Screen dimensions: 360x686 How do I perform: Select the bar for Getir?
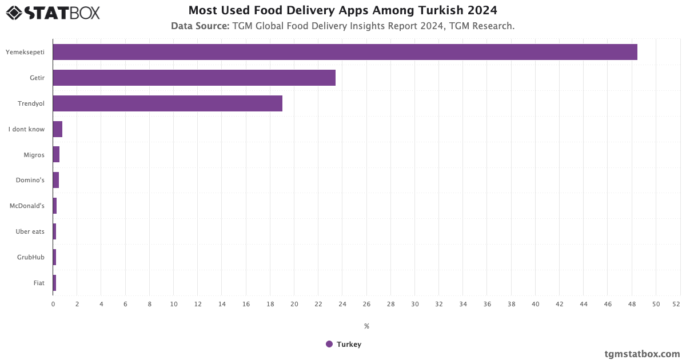(x=194, y=78)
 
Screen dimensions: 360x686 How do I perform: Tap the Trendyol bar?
(x=167, y=103)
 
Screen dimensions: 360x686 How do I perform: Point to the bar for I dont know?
(x=57, y=129)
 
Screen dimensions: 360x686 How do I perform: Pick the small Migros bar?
(x=56, y=155)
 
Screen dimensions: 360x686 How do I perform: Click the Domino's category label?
(x=30, y=181)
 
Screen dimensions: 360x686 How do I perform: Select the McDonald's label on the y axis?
(x=27, y=206)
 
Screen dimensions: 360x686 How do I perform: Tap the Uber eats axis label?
(x=30, y=231)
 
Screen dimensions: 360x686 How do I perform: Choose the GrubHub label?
(x=31, y=257)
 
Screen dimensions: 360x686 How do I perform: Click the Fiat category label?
(x=39, y=283)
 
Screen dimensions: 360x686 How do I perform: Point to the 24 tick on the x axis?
(x=342, y=304)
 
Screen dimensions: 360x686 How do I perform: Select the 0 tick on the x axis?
(x=53, y=304)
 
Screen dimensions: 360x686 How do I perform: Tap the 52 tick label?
(x=676, y=304)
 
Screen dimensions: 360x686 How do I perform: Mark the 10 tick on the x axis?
(x=174, y=304)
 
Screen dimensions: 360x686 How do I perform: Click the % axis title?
(x=366, y=326)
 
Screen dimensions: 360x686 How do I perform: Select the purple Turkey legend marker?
(x=329, y=344)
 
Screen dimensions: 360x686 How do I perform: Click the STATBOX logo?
(x=53, y=13)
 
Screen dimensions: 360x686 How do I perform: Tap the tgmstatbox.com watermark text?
(x=642, y=354)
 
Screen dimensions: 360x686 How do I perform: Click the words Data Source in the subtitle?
(x=200, y=26)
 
